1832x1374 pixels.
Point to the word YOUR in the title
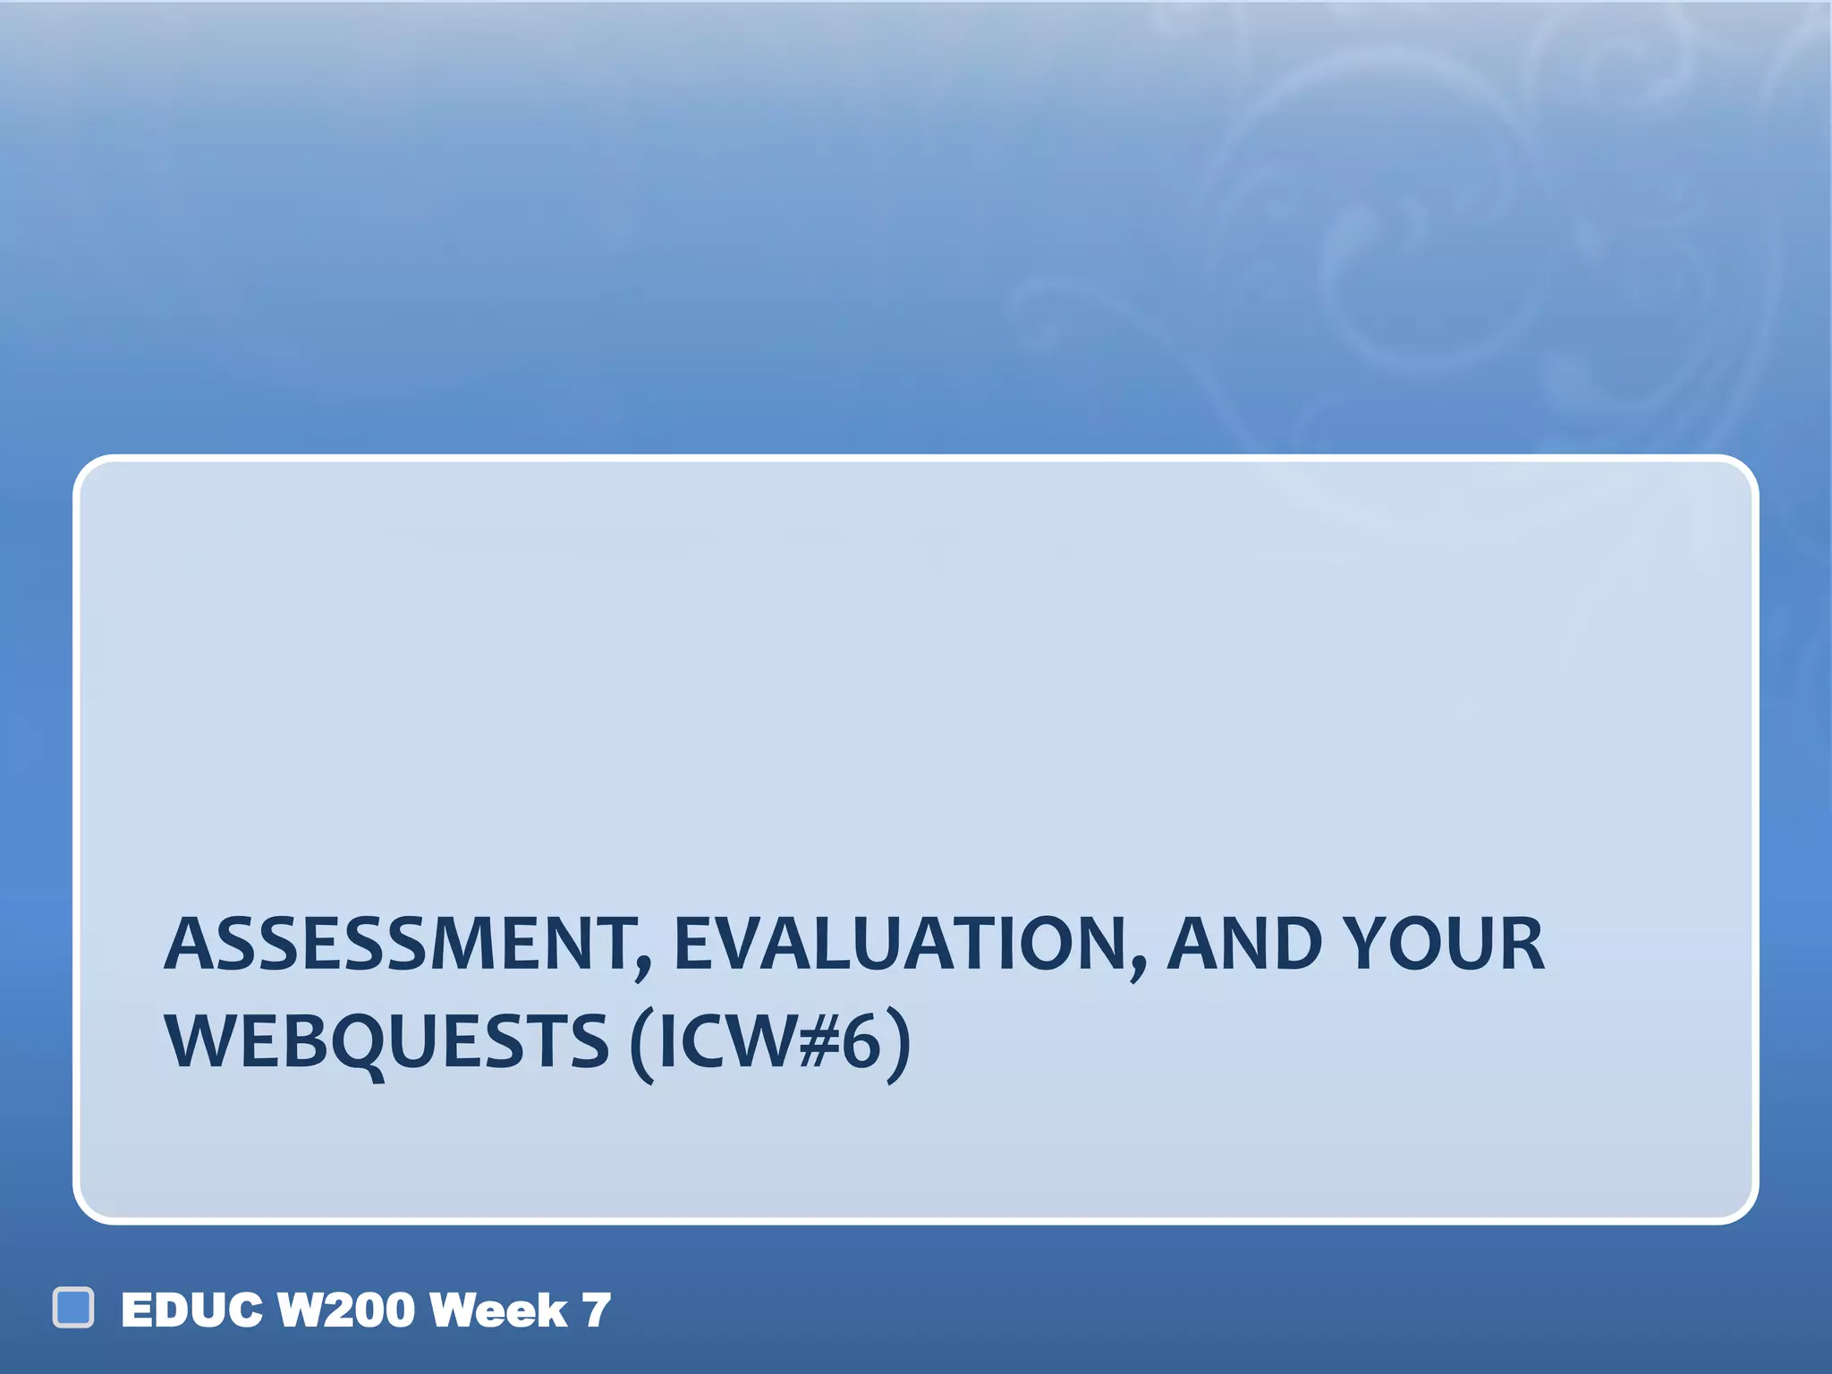(1448, 945)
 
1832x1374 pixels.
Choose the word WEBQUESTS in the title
(386, 1042)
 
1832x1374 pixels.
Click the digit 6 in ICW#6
(861, 1042)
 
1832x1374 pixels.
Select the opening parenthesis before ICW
(642, 1045)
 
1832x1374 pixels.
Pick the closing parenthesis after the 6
(898, 1045)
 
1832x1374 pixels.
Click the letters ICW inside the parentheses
(726, 1042)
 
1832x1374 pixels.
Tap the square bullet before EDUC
(73, 1308)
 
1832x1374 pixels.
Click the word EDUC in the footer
(192, 1310)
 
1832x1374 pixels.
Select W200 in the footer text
(346, 1310)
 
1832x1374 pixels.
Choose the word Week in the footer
(498, 1310)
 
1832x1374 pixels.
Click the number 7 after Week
(597, 1310)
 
